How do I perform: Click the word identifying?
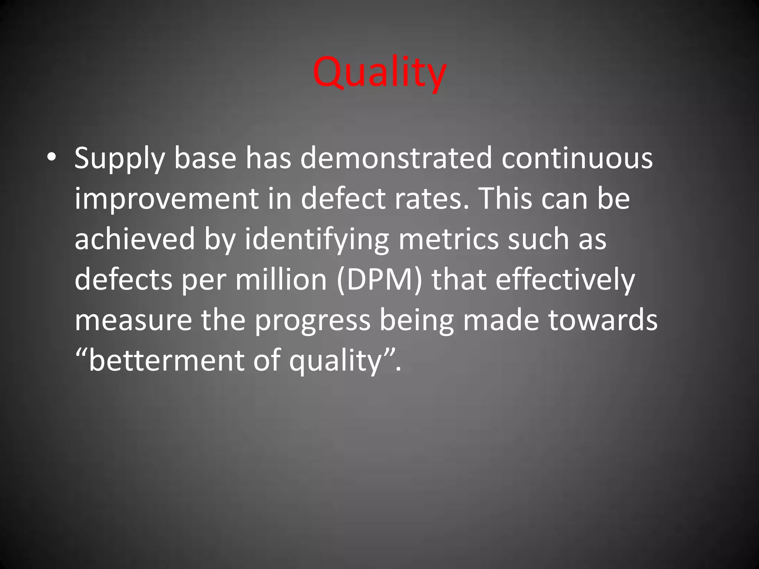coord(317,240)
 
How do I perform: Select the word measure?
coord(133,320)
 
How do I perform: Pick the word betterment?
coord(167,360)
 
